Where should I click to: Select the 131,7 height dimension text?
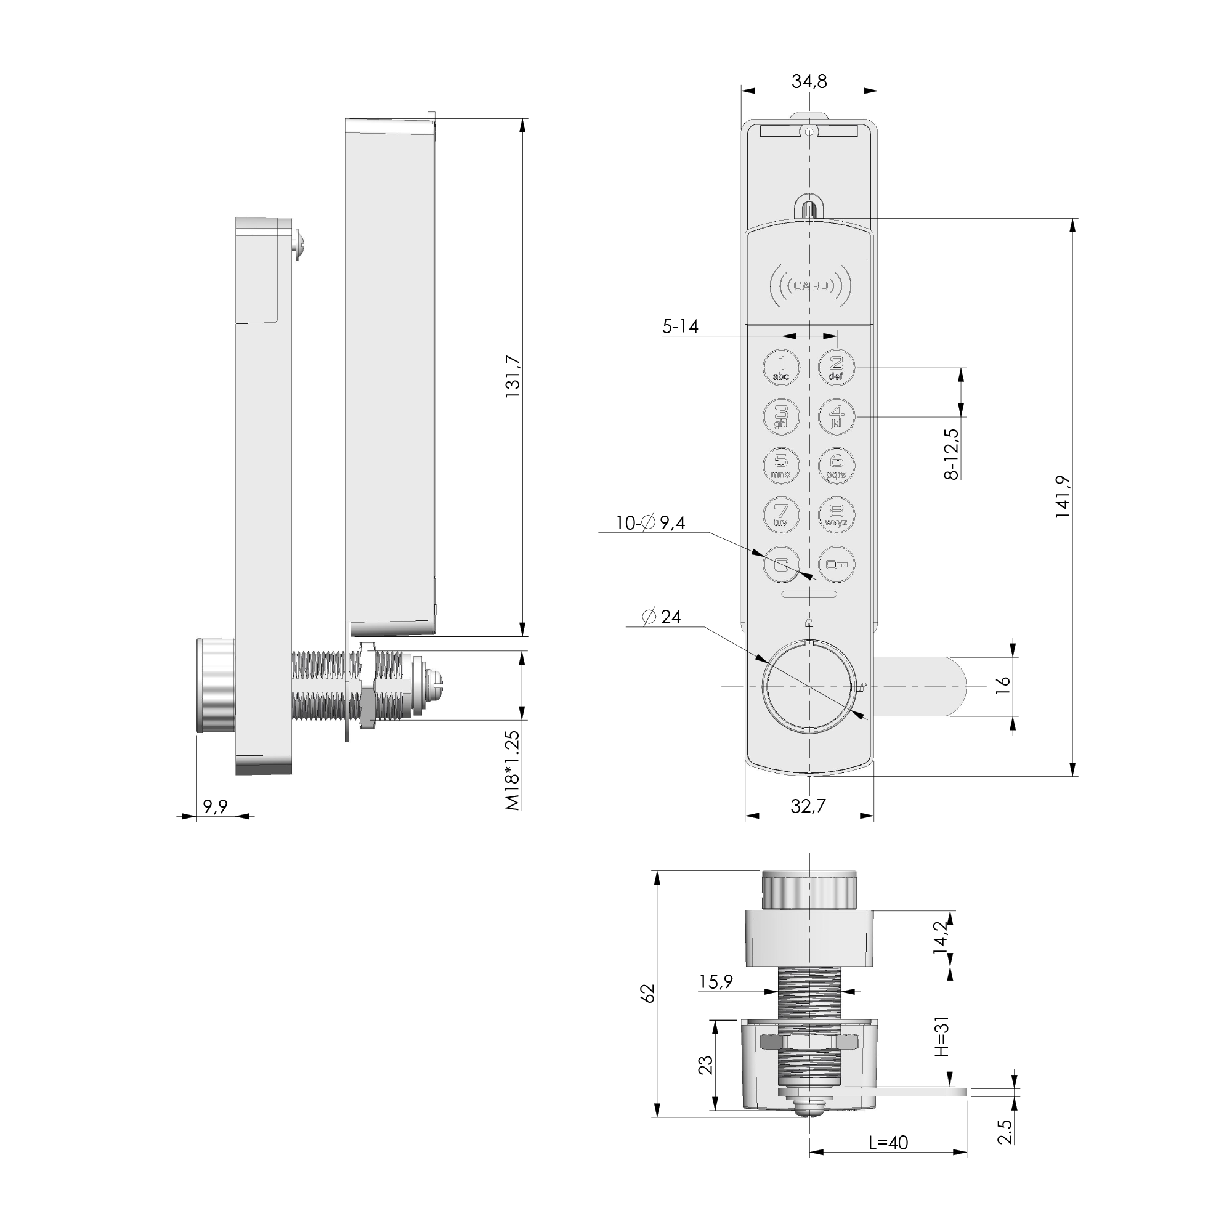513,377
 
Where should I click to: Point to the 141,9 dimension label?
1062,496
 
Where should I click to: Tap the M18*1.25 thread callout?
513,771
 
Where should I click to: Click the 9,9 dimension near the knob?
215,807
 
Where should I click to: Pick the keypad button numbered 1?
781,368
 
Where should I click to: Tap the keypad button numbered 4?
837,417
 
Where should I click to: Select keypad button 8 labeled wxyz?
837,514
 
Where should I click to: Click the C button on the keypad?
781,564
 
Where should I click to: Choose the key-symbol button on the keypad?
837,564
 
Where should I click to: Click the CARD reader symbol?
811,286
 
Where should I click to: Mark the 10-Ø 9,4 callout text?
650,523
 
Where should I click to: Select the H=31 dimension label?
942,1036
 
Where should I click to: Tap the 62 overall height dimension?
647,994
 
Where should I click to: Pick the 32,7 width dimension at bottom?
808,806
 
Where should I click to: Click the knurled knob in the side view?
216,685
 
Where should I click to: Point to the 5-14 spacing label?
680,326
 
